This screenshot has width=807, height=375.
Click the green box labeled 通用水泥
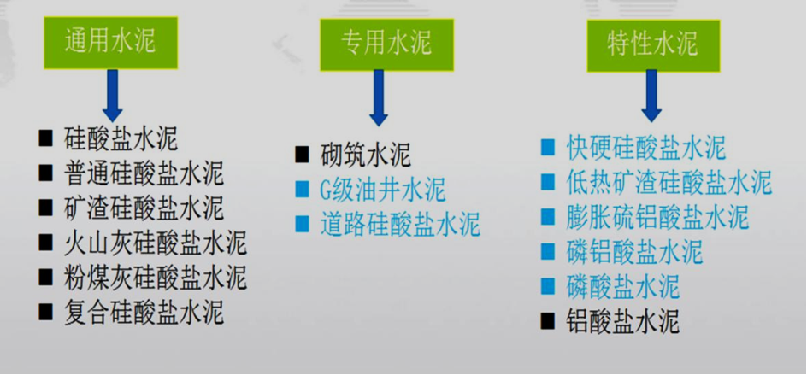click(110, 43)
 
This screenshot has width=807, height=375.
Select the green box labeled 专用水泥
click(386, 44)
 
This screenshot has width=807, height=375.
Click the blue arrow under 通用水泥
click(112, 95)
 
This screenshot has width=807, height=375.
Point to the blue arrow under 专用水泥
click(379, 97)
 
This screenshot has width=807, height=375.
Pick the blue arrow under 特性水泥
click(651, 97)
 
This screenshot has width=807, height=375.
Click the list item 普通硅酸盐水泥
click(144, 173)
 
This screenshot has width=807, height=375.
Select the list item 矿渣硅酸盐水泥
click(144, 208)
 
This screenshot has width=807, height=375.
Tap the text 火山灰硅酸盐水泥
click(156, 243)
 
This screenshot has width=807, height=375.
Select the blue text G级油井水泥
click(382, 190)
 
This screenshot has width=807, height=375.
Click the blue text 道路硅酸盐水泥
click(400, 225)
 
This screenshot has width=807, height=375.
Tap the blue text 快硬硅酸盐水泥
click(646, 148)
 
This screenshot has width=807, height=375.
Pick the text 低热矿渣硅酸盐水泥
click(669, 183)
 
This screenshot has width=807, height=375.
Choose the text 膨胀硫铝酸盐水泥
click(657, 217)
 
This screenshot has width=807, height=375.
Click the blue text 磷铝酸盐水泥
click(634, 252)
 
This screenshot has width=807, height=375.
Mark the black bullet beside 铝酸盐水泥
click(548, 321)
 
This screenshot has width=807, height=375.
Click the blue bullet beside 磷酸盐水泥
click(548, 286)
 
